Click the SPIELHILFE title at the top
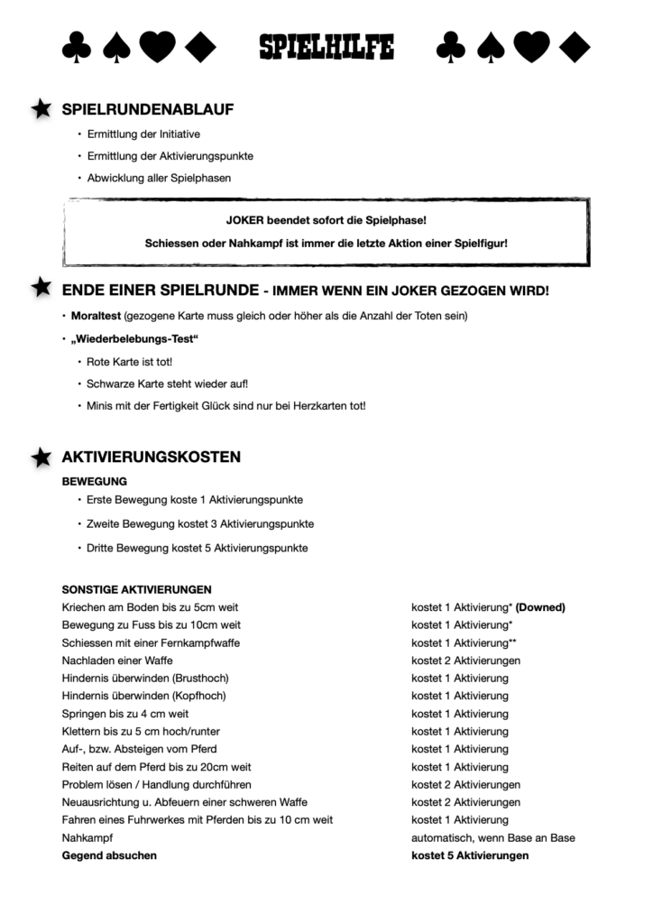click(x=326, y=47)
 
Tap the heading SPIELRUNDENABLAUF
click(x=147, y=110)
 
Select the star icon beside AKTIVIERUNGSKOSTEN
click(x=41, y=457)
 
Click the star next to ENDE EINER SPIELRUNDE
click(x=41, y=288)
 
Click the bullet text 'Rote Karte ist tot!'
click(x=129, y=361)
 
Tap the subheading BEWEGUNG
click(x=94, y=481)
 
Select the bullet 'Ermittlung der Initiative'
click(x=143, y=134)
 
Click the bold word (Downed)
click(x=540, y=607)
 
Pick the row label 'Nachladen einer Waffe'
click(x=117, y=661)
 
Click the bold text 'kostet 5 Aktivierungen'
click(x=470, y=855)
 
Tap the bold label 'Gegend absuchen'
click(x=108, y=855)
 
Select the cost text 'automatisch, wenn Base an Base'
click(x=492, y=837)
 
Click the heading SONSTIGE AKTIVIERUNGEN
click(x=136, y=589)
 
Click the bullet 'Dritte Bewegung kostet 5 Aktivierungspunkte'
click(x=198, y=548)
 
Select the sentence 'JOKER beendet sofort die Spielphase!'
click(x=326, y=220)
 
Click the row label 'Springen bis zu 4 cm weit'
click(x=124, y=714)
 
